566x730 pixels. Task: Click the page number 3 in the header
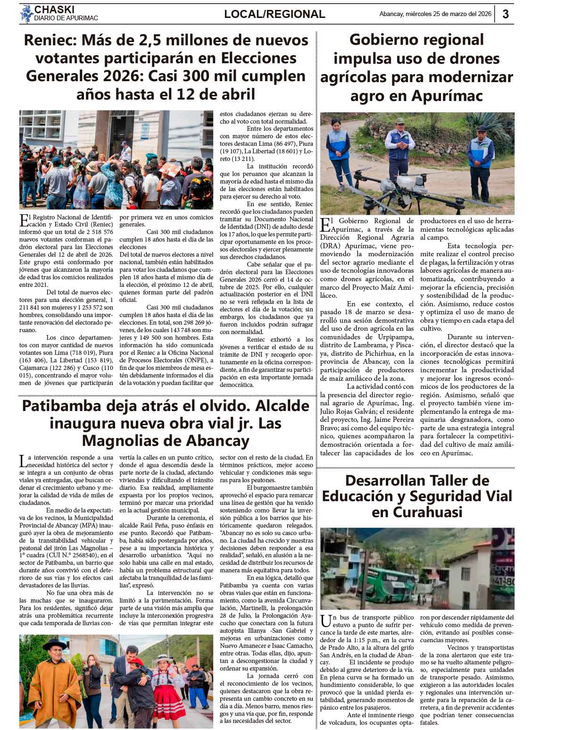(505, 14)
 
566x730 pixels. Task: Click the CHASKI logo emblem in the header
(26, 14)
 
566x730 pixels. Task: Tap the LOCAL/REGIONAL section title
(275, 14)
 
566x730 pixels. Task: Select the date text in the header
(435, 14)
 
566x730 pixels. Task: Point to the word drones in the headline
(471, 59)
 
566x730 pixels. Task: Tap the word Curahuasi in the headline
(416, 512)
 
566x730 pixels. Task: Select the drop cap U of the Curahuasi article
(324, 621)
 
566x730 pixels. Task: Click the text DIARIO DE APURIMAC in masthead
(66, 18)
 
